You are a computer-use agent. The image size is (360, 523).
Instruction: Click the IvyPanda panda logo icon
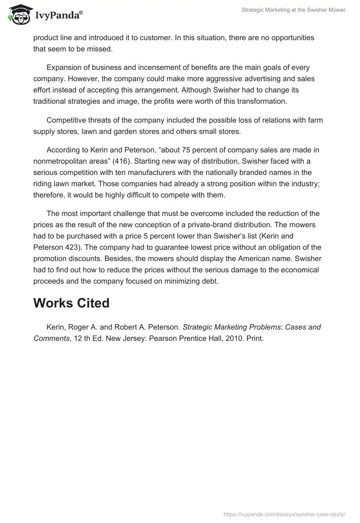click(18, 15)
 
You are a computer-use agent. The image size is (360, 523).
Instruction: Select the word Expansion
click(65, 67)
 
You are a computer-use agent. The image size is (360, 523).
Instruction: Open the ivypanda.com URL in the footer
click(284, 514)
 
